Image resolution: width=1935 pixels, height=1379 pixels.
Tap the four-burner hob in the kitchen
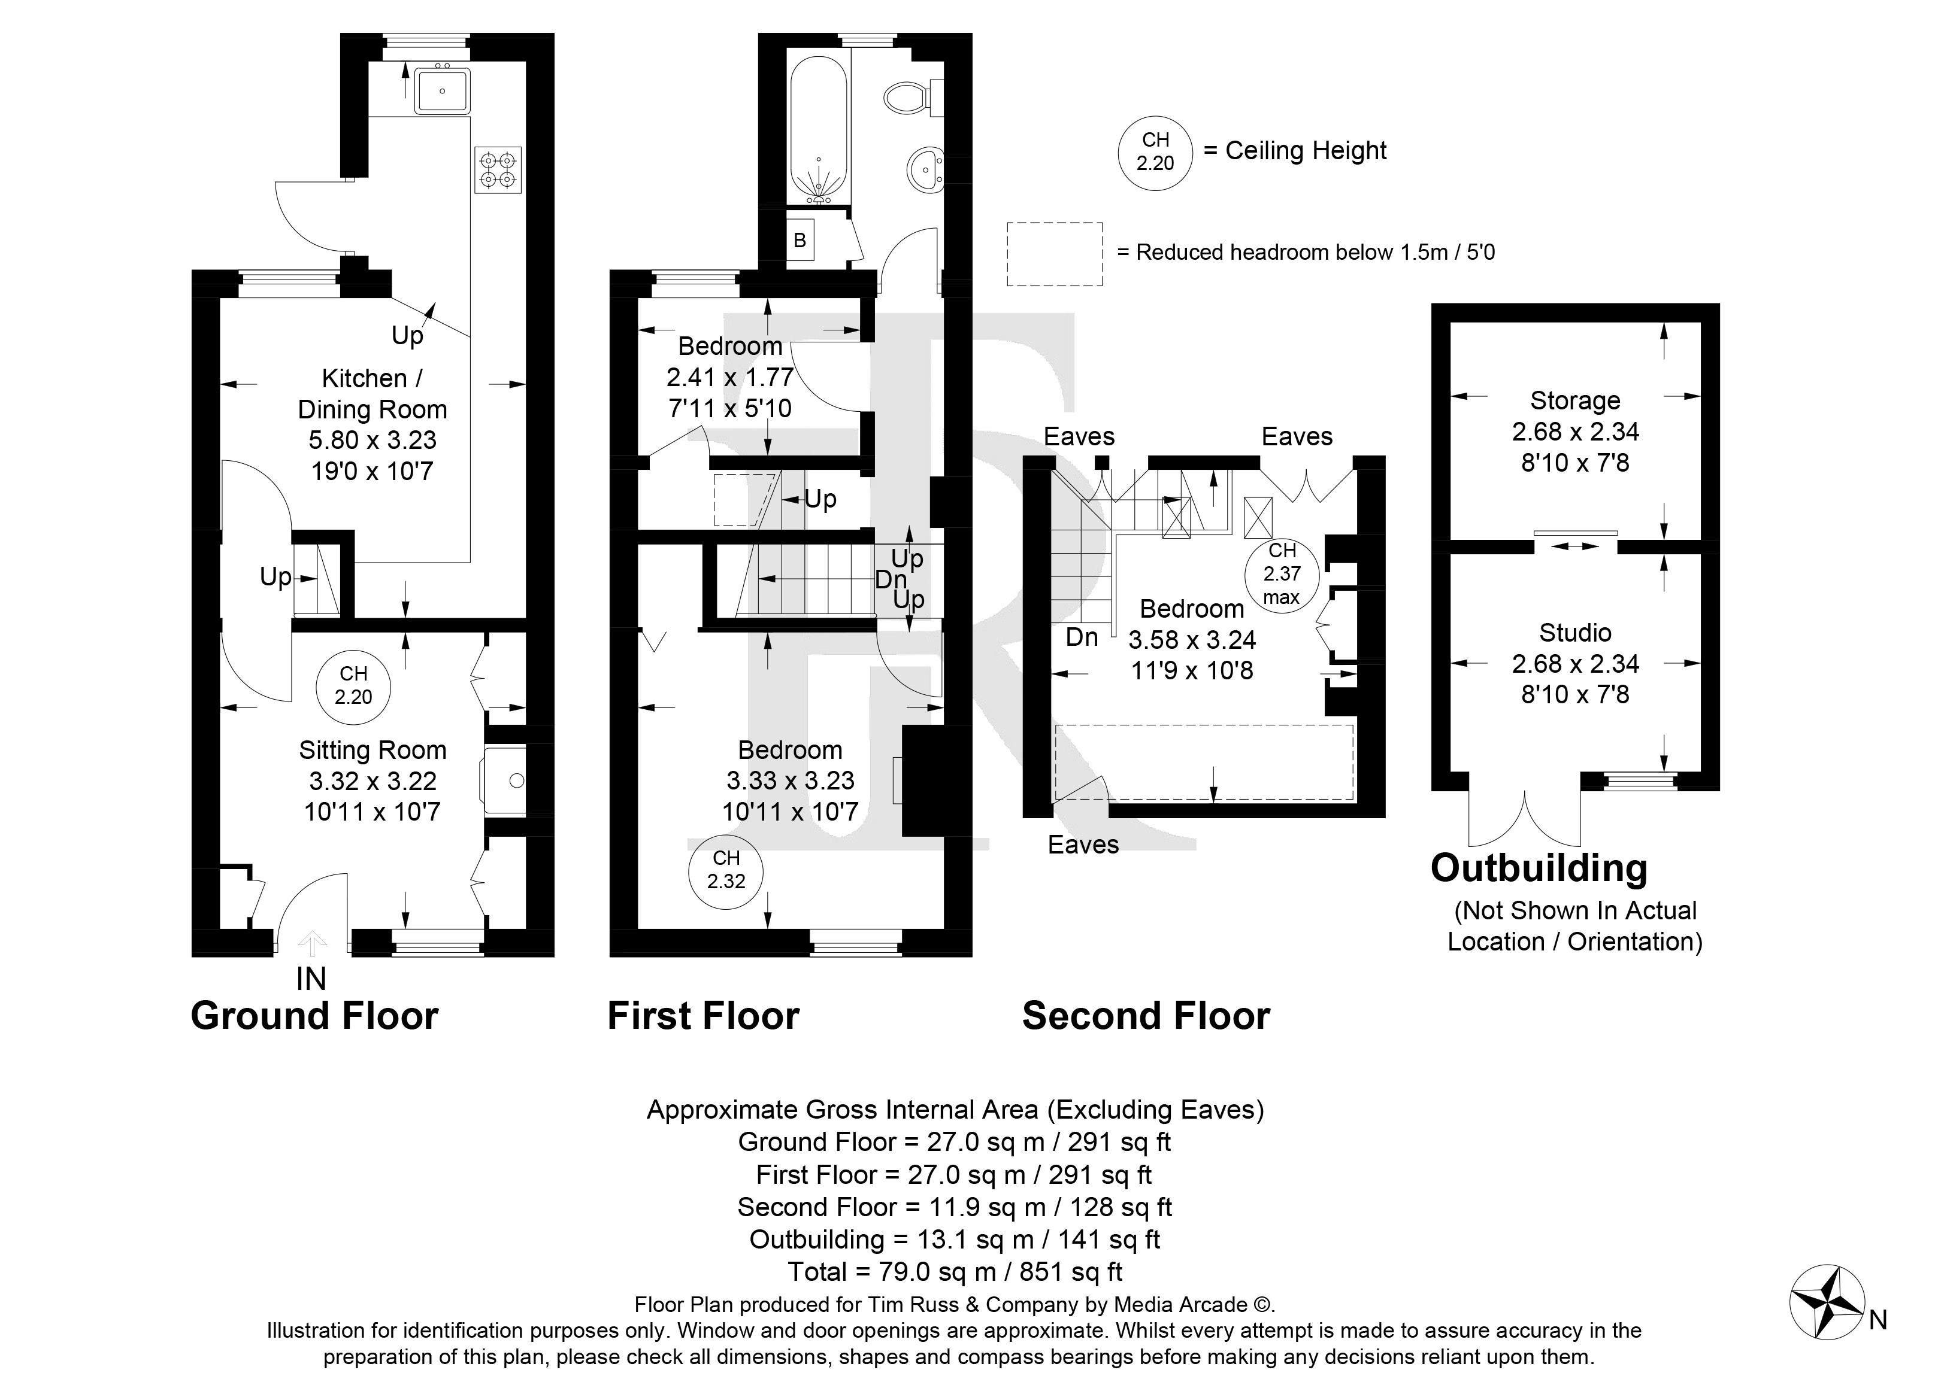coord(498,170)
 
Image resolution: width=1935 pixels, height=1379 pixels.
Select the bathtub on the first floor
coord(819,130)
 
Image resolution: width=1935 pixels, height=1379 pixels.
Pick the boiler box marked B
coord(800,239)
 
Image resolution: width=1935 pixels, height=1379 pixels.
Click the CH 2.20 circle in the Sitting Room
coord(353,685)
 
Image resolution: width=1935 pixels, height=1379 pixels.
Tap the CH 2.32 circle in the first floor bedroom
coord(726,870)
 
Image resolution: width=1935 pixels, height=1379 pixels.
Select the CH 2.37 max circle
coord(1282,574)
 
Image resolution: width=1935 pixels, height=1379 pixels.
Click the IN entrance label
coord(311,979)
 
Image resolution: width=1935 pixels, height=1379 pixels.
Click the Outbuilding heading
coord(1539,868)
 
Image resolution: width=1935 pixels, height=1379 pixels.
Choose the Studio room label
coord(1575,633)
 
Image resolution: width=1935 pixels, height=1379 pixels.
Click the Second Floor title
coord(1146,1016)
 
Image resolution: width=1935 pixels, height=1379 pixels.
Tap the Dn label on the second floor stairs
coord(1082,637)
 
